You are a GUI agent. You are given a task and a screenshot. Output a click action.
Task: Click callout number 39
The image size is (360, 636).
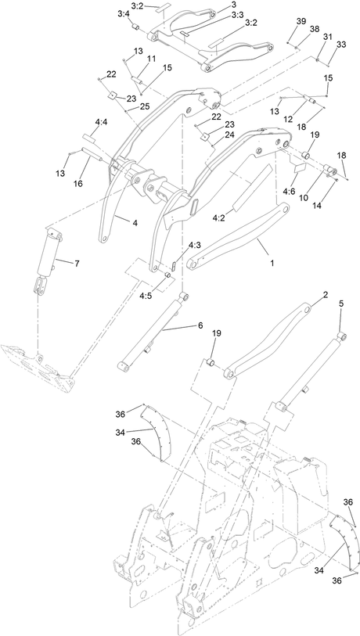coord(301,21)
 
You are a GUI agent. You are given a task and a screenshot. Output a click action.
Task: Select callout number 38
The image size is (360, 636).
coord(315,29)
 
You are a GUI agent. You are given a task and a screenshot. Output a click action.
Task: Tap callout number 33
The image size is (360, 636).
coord(341,45)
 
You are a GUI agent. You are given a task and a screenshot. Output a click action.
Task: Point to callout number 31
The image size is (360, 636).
coord(328,37)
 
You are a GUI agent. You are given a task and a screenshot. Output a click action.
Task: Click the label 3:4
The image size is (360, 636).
coord(124,14)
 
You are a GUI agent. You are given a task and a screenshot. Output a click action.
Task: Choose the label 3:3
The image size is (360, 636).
coord(237,15)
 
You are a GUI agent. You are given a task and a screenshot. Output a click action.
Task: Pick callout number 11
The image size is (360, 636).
coord(151,59)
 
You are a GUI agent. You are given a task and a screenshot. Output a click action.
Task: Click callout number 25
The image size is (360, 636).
coord(145,106)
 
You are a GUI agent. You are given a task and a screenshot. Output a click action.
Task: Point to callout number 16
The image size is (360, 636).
coord(78,184)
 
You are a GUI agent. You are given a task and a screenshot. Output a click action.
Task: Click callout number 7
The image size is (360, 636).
coord(77,264)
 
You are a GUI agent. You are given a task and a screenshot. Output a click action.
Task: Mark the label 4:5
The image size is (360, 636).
coord(146,296)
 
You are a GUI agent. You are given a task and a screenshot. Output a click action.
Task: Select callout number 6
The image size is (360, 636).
coord(200,325)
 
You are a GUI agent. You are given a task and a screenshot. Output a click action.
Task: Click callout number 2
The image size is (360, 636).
coord(325,295)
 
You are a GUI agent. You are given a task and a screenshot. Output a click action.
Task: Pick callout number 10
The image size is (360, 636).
coord(304,198)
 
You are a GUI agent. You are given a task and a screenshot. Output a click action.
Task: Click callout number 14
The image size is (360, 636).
coord(317,205)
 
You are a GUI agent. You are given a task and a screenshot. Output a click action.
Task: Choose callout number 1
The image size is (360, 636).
coord(272,263)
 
